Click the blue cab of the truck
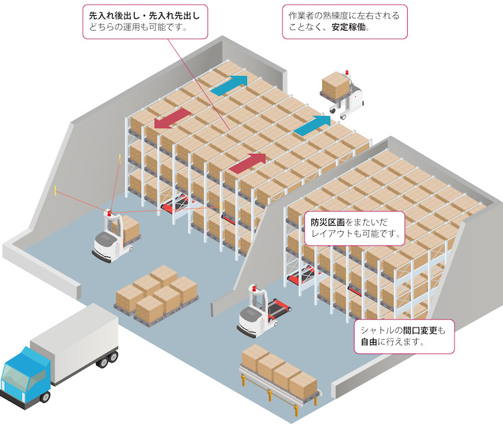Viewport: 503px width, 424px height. pos(26,380)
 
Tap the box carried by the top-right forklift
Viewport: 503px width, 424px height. pos(336,85)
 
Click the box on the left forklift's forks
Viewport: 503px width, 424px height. pos(127,226)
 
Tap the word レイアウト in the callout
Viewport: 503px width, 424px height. pos(333,234)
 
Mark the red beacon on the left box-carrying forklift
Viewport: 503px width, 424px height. pos(108,212)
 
